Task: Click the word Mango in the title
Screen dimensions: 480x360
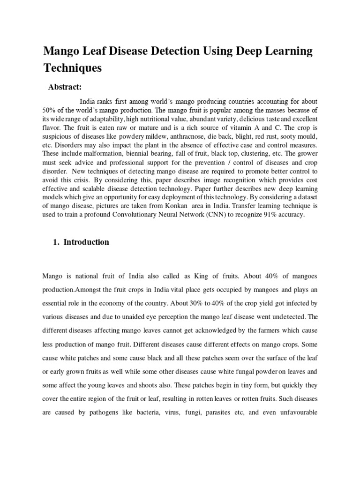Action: click(62, 51)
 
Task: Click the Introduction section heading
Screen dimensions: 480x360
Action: click(86, 242)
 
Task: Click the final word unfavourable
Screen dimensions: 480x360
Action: click(296, 414)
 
